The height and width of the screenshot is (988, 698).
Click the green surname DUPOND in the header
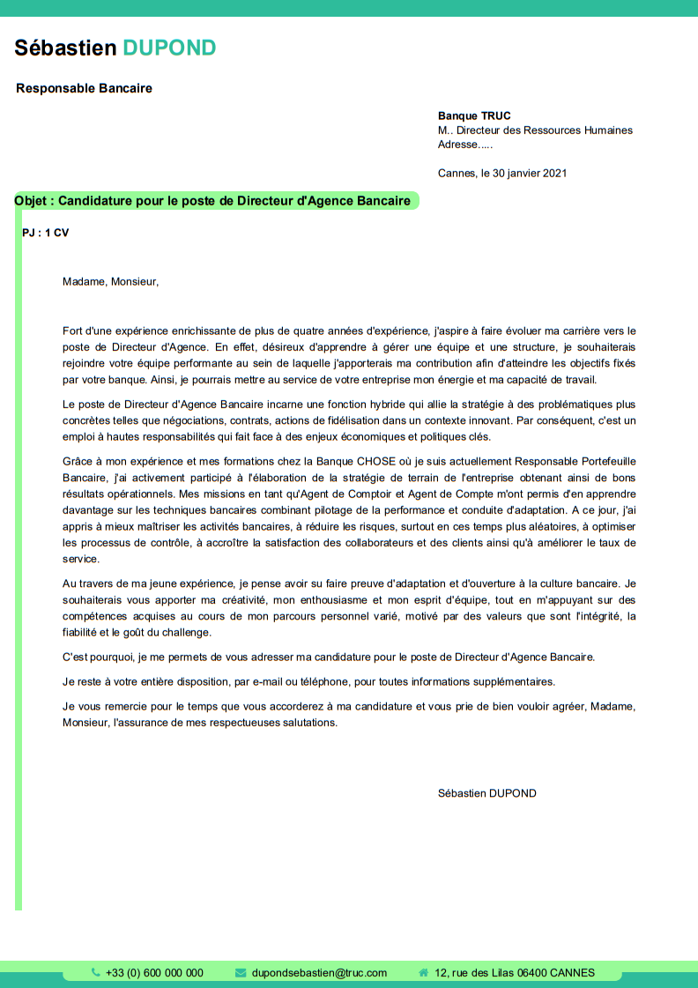coord(170,48)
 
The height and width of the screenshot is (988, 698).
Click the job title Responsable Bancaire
coord(84,88)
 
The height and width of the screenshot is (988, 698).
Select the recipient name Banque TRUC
coord(474,115)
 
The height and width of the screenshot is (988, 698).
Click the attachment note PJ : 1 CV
coord(45,233)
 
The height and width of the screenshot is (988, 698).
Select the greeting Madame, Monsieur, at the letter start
coord(110,282)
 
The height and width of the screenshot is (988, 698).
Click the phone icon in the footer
coord(96,972)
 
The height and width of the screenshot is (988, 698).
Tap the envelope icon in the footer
coord(241,973)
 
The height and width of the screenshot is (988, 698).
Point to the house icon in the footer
coord(423,973)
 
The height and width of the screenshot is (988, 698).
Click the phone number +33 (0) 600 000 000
coord(154,973)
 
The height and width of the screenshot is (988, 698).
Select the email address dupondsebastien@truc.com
coord(319,973)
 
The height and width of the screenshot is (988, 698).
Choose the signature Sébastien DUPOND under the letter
coord(486,793)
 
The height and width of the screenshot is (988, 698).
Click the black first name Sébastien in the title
coord(65,48)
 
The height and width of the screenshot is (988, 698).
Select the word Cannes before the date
coord(456,173)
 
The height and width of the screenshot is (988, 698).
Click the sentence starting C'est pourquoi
coord(329,657)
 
